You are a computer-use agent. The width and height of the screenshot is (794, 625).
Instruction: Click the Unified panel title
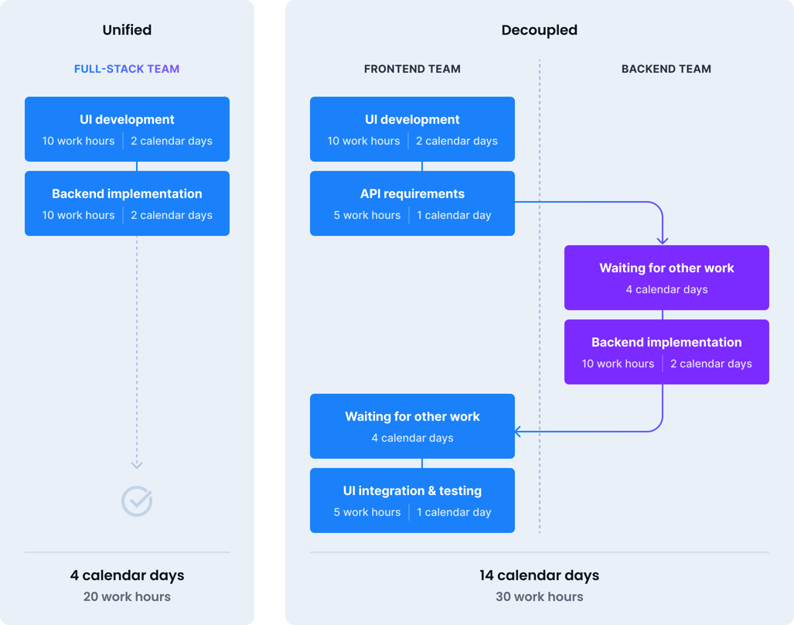point(127,30)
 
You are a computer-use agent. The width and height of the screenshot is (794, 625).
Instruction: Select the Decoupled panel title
point(539,30)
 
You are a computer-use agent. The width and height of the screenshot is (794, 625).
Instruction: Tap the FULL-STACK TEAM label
point(127,69)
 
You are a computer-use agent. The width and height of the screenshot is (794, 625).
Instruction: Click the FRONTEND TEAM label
point(412,69)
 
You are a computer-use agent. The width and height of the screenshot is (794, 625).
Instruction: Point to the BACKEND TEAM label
point(666,69)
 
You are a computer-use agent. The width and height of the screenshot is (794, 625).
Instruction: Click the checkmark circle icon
point(137,501)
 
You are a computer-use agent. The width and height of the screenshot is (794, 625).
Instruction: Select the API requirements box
point(412,203)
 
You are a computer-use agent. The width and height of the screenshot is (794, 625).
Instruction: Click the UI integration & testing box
point(412,500)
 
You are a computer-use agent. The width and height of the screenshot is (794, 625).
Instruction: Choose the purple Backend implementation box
point(666,352)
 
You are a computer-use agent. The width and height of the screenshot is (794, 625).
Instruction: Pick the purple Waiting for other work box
point(666,278)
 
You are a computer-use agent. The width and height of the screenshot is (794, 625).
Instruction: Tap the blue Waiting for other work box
point(412,426)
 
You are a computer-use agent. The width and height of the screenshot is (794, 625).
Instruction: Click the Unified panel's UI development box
point(127,129)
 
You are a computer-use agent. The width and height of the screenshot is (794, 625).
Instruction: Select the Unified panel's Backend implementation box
point(127,203)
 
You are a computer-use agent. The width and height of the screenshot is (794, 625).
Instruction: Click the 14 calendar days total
point(539,575)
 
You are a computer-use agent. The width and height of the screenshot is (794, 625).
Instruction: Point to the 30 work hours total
point(539,596)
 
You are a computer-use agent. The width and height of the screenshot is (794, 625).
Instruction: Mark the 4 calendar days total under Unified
point(127,575)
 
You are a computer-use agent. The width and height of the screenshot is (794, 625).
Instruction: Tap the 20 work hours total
point(127,596)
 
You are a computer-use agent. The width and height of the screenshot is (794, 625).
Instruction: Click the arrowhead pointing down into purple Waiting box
point(663,241)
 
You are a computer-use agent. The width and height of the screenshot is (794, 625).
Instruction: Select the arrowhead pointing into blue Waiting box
point(518,431)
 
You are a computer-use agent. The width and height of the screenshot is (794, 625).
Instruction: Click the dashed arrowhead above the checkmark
point(137,464)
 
